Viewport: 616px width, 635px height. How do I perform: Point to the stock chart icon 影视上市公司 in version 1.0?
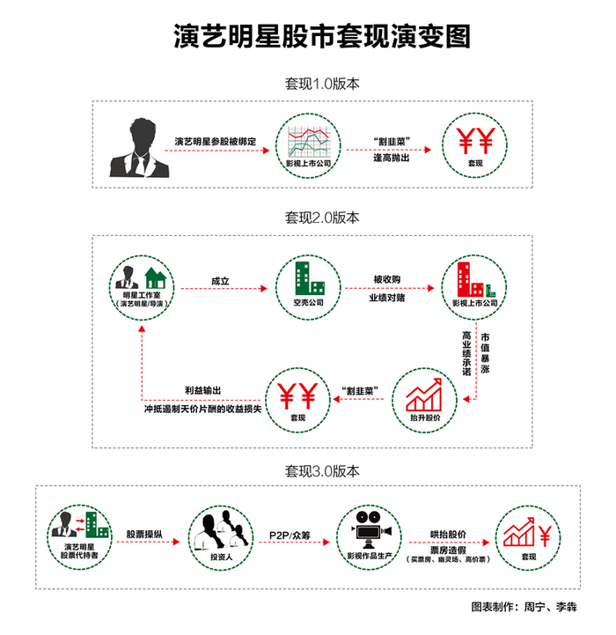point(308,143)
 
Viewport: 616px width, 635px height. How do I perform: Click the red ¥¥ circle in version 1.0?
point(475,143)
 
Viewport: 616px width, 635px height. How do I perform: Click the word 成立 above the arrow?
point(220,280)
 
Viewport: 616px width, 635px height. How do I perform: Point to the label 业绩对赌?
point(386,298)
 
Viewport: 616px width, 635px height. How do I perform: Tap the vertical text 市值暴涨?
point(485,353)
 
